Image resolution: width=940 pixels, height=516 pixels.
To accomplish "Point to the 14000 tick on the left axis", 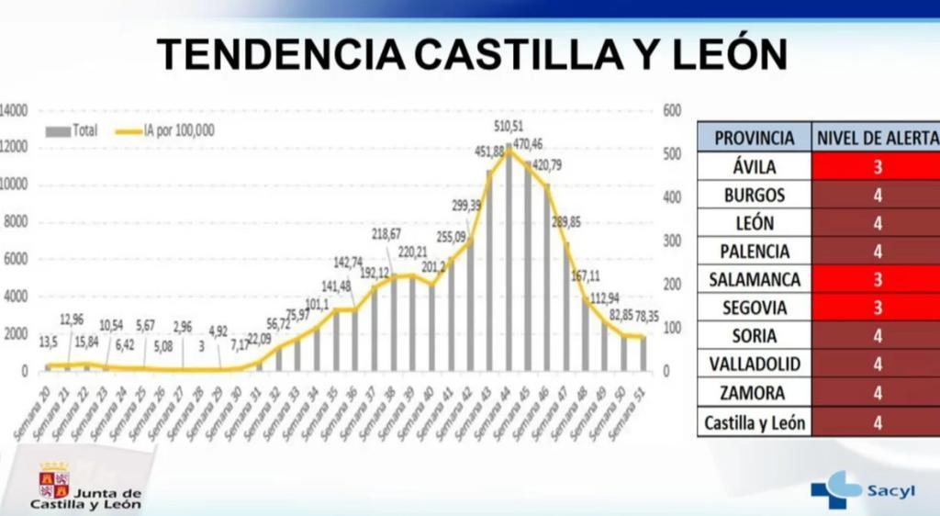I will point(15,110).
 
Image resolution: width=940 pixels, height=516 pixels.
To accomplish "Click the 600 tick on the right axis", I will point(672,110).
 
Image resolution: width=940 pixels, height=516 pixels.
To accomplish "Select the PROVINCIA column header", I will point(754,138).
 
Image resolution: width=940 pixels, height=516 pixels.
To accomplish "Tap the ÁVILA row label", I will point(754,166).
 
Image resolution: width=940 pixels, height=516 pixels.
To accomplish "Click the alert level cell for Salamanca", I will point(877,279).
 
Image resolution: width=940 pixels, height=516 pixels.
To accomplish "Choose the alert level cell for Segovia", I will point(877,308).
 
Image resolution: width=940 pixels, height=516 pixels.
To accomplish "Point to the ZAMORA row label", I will point(754,392).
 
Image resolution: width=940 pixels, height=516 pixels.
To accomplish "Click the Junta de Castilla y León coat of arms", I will point(53,480).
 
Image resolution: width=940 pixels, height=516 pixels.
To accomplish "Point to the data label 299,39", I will point(465,205).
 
